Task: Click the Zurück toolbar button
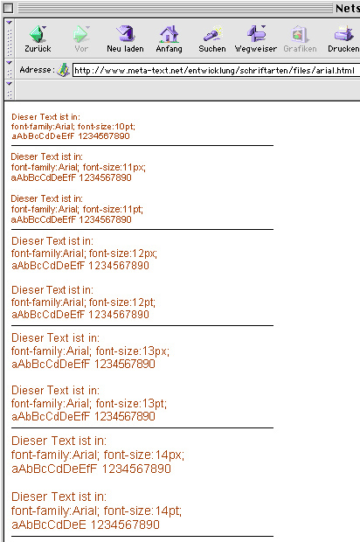[38, 38]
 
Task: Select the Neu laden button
[125, 38]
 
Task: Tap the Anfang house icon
[169, 34]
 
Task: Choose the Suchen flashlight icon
[212, 34]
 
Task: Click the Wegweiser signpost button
[256, 38]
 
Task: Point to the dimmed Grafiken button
[300, 38]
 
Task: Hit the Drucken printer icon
[343, 34]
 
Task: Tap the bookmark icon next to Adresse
[63, 70]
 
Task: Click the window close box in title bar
[8, 8]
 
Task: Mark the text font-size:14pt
[142, 511]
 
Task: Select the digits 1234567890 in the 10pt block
[104, 136]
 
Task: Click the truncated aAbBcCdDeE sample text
[49, 525]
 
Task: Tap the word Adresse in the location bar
[37, 70]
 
